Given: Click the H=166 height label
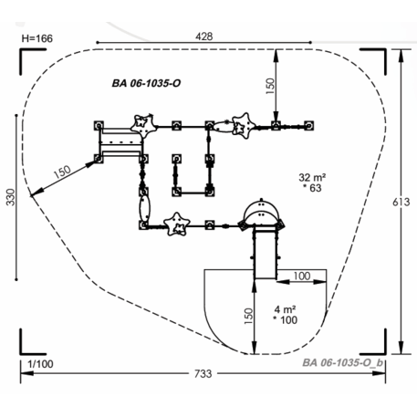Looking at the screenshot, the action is (37, 38).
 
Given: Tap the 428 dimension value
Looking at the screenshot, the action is (204, 36).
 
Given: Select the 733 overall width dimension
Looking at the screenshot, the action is (203, 373).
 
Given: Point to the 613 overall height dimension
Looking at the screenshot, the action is (401, 202).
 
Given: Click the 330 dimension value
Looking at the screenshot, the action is (11, 197).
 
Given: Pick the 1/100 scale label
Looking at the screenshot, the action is (40, 364).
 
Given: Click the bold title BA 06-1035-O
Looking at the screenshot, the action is (146, 83).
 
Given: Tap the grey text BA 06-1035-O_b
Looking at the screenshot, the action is (343, 362).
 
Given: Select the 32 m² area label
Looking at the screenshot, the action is (312, 177).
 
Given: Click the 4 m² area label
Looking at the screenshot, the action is (286, 309).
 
